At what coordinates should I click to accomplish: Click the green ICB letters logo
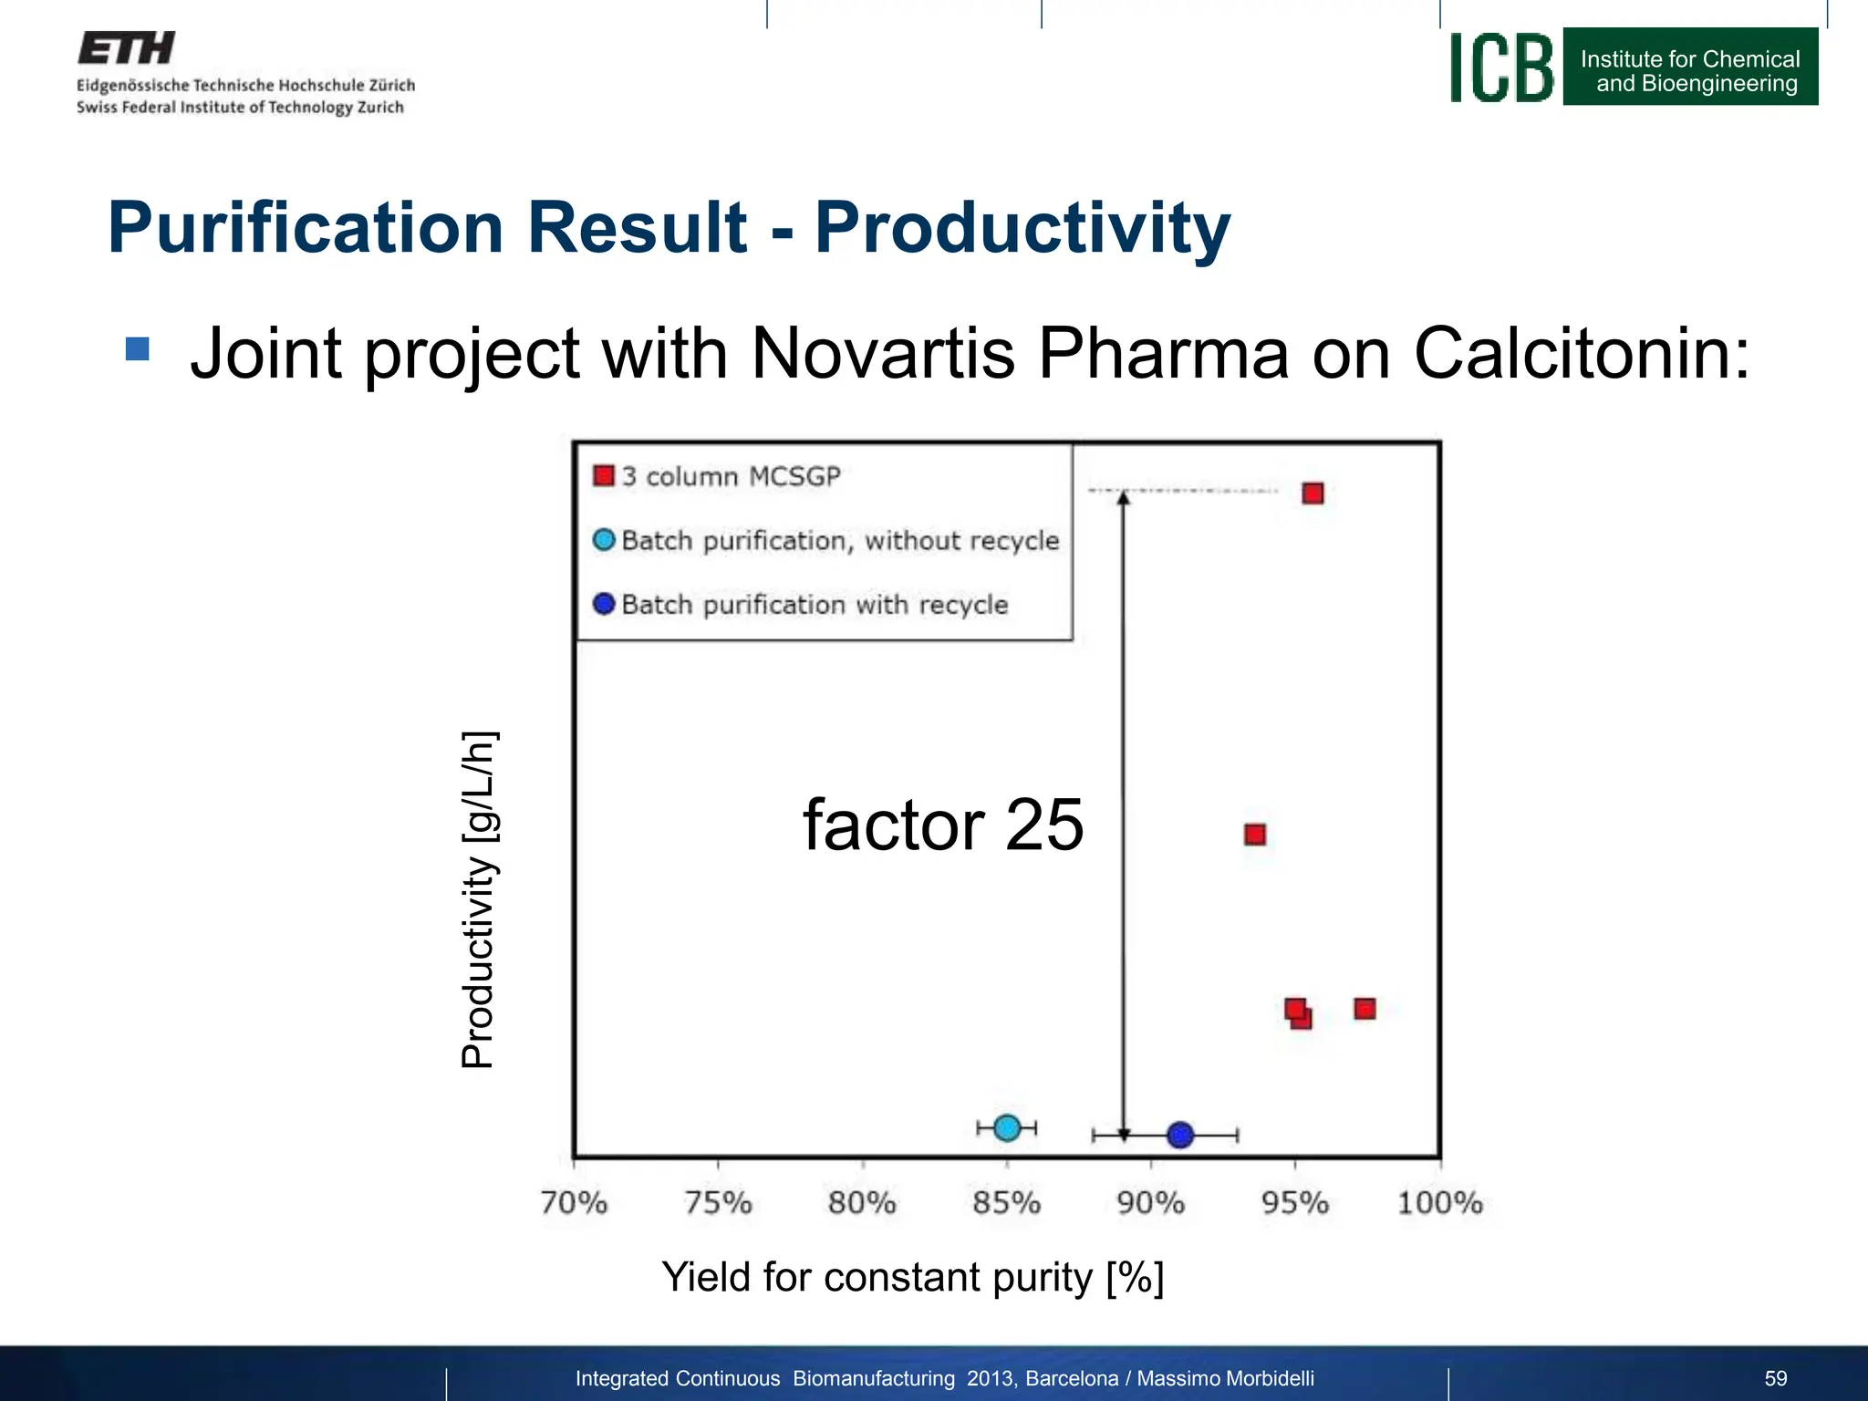[1501, 67]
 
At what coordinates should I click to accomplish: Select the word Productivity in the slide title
[1022, 228]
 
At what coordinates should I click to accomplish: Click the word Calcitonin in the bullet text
[1582, 354]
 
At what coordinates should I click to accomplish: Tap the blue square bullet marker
[138, 348]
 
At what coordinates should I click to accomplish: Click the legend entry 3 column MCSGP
[730, 477]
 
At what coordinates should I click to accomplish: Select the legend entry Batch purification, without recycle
[839, 541]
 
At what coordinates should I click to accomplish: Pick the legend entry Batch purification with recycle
[814, 605]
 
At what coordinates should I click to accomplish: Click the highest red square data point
[1313, 493]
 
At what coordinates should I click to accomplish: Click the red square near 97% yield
[1365, 1008]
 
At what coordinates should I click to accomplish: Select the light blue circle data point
[1007, 1128]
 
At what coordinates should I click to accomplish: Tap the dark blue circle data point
[1180, 1135]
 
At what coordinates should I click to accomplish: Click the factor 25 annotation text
[943, 825]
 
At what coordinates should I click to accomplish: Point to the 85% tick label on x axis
[1006, 1203]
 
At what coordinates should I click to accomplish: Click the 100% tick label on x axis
[1439, 1203]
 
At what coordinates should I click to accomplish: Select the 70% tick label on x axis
[574, 1203]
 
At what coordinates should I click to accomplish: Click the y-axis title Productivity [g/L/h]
[478, 898]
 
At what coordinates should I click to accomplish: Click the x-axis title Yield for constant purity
[912, 1277]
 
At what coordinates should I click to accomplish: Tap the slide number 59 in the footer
[1775, 1378]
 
